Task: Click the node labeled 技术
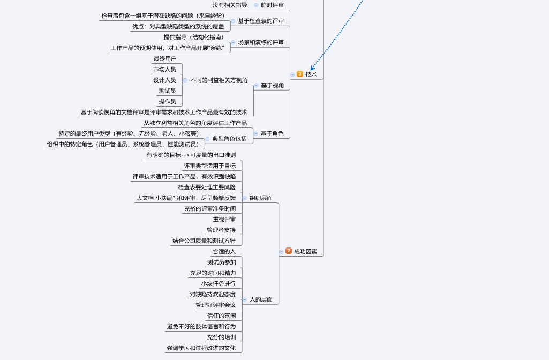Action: (x=311, y=74)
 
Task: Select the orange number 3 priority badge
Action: (x=300, y=74)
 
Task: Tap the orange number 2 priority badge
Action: (x=289, y=251)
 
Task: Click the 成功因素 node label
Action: (x=305, y=251)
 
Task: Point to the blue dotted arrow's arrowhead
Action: (x=312, y=69)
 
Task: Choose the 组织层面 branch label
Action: (x=261, y=198)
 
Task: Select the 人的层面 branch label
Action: (x=261, y=299)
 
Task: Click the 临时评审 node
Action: (x=272, y=5)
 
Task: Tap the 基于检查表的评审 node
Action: (x=261, y=21)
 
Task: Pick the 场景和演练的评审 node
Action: (x=261, y=42)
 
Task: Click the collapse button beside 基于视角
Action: (x=256, y=85)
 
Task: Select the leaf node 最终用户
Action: (x=164, y=58)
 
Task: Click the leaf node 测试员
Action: (x=167, y=91)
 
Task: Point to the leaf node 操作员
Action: (x=167, y=101)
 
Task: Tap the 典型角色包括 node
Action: (x=229, y=139)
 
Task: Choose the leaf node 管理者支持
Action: (x=221, y=230)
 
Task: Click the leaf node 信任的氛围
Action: (x=221, y=316)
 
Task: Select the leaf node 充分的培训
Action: (x=221, y=337)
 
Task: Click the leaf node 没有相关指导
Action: (x=230, y=5)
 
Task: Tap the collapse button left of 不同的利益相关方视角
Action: (x=185, y=80)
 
